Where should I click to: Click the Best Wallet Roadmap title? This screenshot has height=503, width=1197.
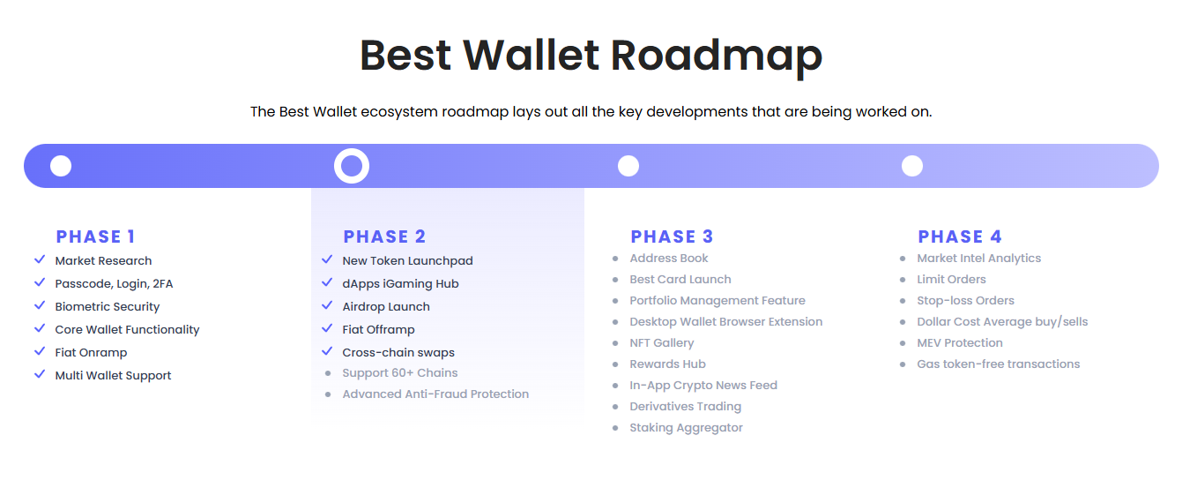tap(591, 56)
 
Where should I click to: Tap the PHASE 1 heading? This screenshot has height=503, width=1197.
tap(95, 236)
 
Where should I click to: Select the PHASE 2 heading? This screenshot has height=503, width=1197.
tap(384, 236)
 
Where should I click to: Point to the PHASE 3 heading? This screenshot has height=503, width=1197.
tap(672, 236)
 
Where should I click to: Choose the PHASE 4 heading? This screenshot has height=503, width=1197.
tap(960, 236)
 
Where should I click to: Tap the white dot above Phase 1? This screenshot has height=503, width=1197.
tap(61, 166)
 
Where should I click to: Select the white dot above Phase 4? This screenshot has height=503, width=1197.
tap(912, 166)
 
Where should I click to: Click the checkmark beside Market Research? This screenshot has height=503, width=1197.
tap(40, 259)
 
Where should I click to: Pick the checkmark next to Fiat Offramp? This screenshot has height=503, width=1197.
tap(327, 328)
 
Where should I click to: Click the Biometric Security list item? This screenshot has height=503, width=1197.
tap(108, 306)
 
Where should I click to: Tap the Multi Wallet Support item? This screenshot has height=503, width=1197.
tap(114, 376)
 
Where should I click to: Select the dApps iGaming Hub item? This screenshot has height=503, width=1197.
tap(401, 283)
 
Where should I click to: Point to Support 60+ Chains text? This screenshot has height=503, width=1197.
tap(400, 373)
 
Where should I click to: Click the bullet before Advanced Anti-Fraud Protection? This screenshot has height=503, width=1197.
tap(328, 394)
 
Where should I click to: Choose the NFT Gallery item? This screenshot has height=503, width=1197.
tap(662, 343)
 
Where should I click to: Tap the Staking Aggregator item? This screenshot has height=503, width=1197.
tap(686, 428)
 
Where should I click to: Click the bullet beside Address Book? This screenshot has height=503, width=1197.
tap(615, 259)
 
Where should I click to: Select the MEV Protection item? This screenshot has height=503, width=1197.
tap(960, 343)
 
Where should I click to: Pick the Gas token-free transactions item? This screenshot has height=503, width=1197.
tap(999, 364)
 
